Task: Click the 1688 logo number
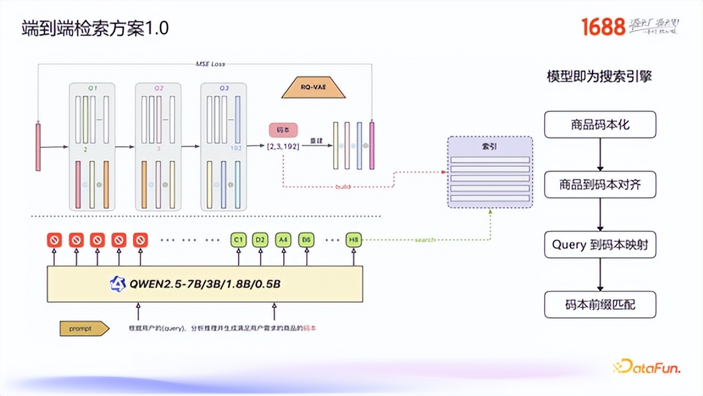[x=603, y=27]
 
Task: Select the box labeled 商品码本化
[x=600, y=125]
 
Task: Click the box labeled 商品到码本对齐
[x=600, y=184]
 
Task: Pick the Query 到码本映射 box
[x=600, y=244]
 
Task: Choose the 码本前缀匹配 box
[x=600, y=304]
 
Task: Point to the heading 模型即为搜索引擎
[x=600, y=77]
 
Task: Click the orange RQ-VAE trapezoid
[x=314, y=88]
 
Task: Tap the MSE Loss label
[x=210, y=64]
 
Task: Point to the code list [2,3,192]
[x=283, y=146]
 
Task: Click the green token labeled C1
[x=238, y=240]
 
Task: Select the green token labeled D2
[x=261, y=240]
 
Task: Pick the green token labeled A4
[x=283, y=240]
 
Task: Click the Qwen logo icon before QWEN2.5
[x=117, y=284]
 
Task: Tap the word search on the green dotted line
[x=425, y=240]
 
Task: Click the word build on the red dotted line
[x=343, y=186]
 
